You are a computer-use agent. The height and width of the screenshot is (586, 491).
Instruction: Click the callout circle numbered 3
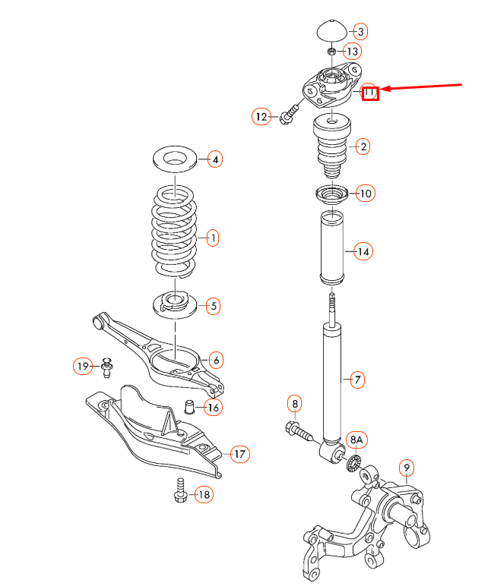(x=361, y=31)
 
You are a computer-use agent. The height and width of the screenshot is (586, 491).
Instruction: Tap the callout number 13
(x=353, y=51)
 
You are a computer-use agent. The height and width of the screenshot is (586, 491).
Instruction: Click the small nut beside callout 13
(x=331, y=51)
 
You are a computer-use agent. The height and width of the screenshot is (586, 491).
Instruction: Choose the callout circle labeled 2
(x=363, y=146)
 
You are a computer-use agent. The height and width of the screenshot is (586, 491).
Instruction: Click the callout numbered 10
(x=366, y=194)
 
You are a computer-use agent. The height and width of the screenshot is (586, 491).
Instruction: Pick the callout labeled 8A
(x=357, y=440)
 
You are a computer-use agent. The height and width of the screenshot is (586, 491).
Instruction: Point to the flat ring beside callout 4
(x=176, y=159)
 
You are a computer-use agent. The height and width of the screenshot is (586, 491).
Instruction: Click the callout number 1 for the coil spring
(x=214, y=238)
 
